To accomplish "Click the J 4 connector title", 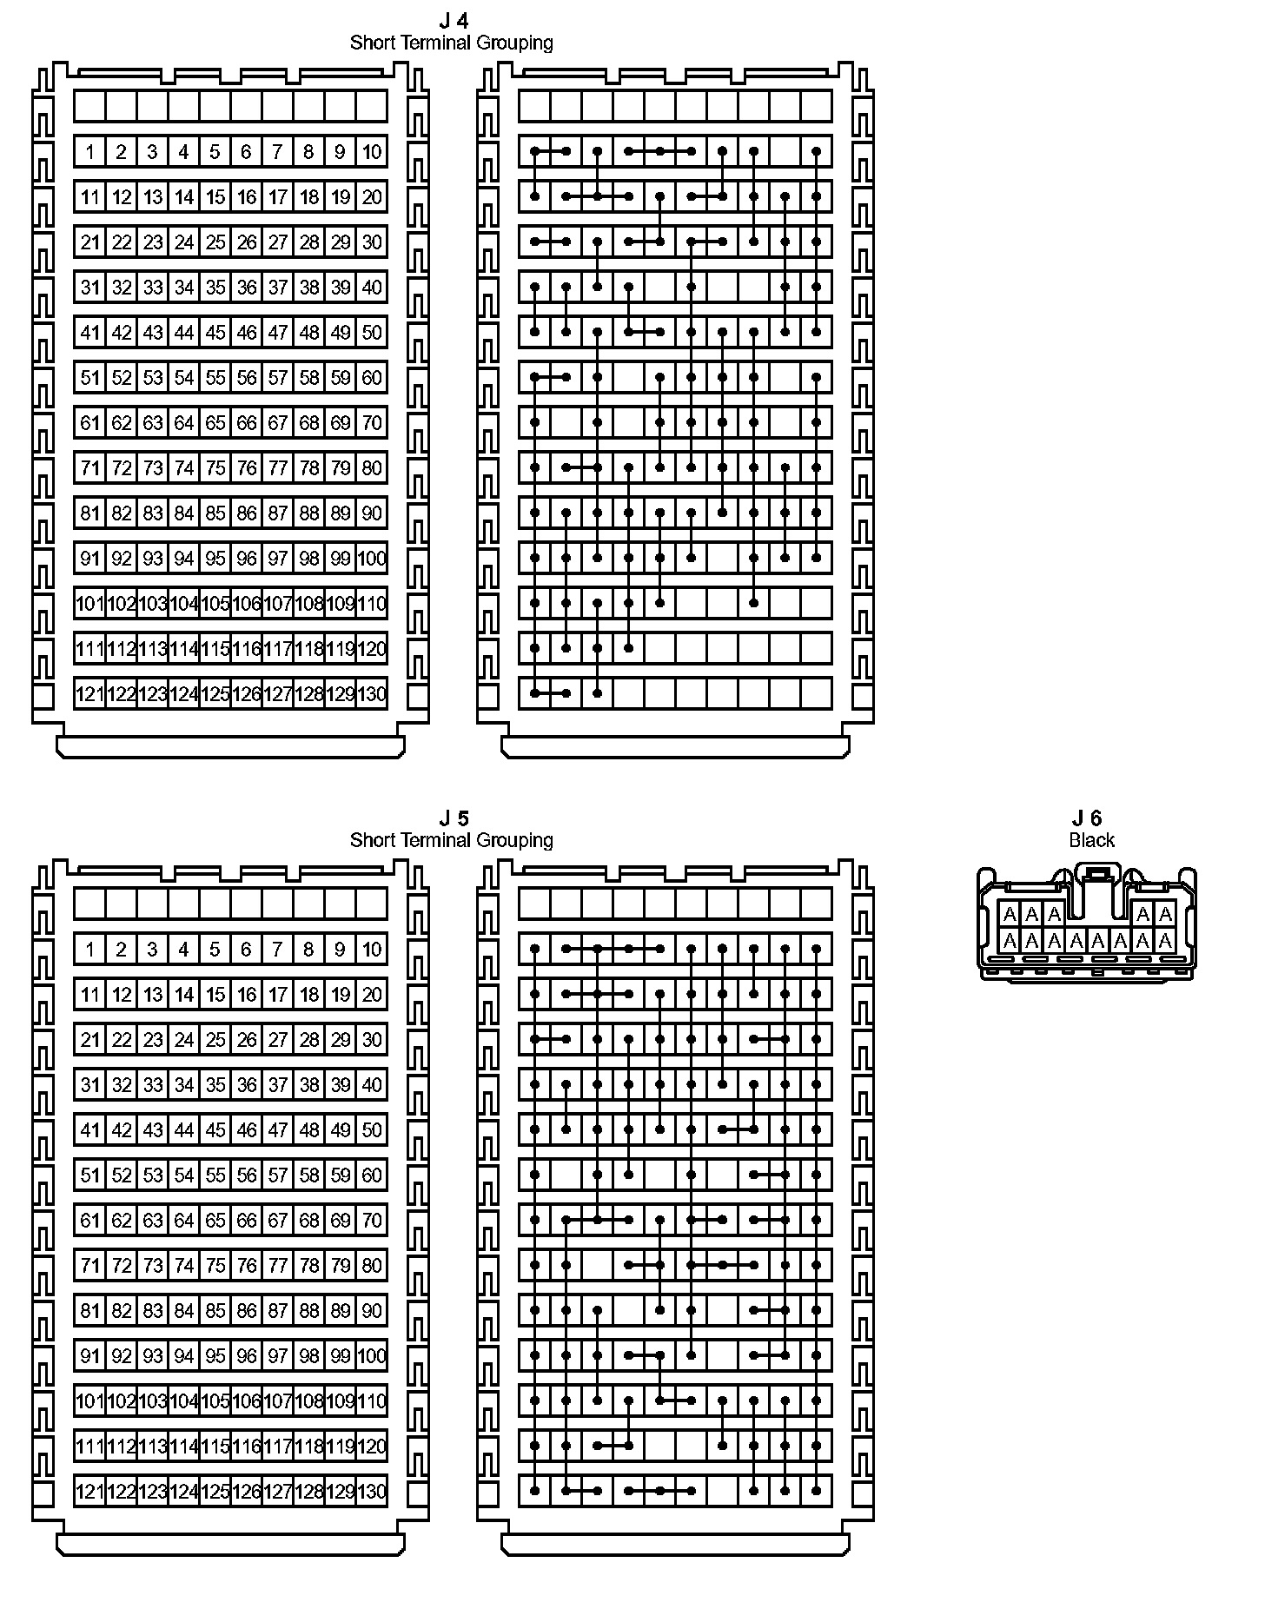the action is pyautogui.click(x=454, y=21).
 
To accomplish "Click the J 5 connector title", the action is pyautogui.click(x=454, y=818).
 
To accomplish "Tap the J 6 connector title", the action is pyautogui.click(x=1087, y=818).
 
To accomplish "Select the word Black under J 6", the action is pyautogui.click(x=1091, y=840).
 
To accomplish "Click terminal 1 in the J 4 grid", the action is pyautogui.click(x=89, y=152).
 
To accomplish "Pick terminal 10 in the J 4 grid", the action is pyautogui.click(x=372, y=152).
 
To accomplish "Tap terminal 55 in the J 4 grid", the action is pyautogui.click(x=215, y=378).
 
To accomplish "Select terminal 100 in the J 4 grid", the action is pyautogui.click(x=372, y=559).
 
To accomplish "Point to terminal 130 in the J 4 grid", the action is pyautogui.click(x=372, y=694).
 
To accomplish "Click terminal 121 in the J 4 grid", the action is pyautogui.click(x=89, y=694).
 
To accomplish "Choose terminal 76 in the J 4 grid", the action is pyautogui.click(x=247, y=468).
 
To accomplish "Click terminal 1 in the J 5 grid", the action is pyautogui.click(x=89, y=950).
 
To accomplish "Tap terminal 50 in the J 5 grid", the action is pyautogui.click(x=372, y=1130).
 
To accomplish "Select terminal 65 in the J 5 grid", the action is pyautogui.click(x=215, y=1221).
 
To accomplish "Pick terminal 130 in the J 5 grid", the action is pyautogui.click(x=372, y=1492).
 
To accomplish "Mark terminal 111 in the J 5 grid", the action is pyautogui.click(x=89, y=1447).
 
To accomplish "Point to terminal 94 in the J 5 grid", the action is pyautogui.click(x=183, y=1356).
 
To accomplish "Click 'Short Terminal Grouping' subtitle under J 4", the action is pyautogui.click(x=451, y=43).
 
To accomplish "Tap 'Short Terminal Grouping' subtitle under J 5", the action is pyautogui.click(x=451, y=840).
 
